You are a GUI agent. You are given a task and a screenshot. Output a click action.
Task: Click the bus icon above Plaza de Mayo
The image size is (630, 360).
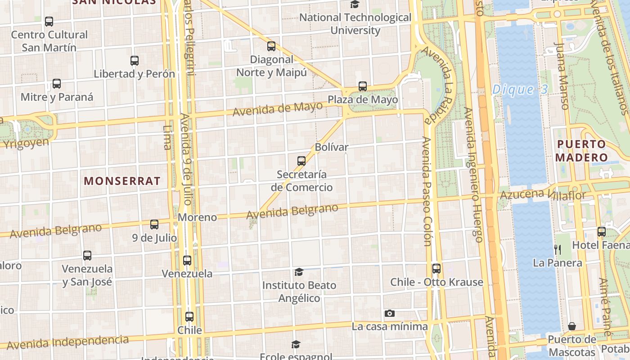pos(363,86)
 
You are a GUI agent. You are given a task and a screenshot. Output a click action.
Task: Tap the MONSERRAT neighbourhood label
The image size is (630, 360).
pos(122,181)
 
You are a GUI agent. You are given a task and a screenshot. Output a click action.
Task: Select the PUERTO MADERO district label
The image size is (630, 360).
pos(581,151)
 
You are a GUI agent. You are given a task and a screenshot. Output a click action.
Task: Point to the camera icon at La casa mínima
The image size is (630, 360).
pos(390,313)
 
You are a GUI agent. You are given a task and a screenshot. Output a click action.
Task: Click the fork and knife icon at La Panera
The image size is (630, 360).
pos(558,249)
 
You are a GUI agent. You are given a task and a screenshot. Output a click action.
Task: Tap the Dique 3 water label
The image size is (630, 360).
pos(520,90)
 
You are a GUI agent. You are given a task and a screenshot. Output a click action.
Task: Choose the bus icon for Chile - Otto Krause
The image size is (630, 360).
pos(436,269)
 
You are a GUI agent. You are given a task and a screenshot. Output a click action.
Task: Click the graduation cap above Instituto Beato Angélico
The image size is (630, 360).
pos(299,272)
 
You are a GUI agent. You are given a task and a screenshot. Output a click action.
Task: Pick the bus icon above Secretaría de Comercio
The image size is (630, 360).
pos(301,161)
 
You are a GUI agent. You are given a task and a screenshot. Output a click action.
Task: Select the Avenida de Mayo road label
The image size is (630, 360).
pos(278,109)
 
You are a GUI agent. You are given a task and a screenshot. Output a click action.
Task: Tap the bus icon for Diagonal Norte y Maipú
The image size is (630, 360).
pos(271,46)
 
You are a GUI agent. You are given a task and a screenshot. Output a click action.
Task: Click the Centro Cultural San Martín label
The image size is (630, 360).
pos(49,41)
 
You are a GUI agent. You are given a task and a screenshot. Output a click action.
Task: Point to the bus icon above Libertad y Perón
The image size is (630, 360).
pos(134,60)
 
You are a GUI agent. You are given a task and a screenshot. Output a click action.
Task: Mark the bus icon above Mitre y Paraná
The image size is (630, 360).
pos(57,83)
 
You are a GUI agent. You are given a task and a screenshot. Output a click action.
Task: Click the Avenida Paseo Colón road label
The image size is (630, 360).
pos(427,191)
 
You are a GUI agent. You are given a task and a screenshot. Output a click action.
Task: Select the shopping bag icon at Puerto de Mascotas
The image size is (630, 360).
pos(572,326)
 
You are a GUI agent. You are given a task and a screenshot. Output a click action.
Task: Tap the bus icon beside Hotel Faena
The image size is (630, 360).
pos(602,232)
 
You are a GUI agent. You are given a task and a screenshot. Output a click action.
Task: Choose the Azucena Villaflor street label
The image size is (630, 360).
pos(543,195)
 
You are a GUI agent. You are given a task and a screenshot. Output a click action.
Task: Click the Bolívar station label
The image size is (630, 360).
pos(332,147)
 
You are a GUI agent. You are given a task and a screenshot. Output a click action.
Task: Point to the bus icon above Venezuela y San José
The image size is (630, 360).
pos(87,256)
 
